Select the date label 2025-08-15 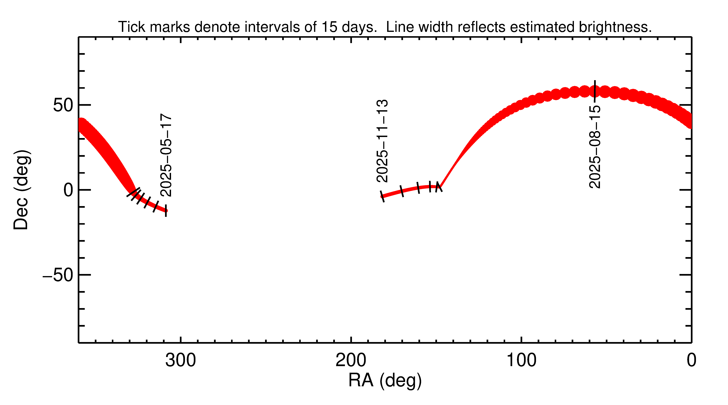(x=595, y=147)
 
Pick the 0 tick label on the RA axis (x=691, y=360)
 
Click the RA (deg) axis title (x=385, y=380)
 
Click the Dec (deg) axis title (x=21, y=190)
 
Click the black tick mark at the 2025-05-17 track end (x=166, y=211)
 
